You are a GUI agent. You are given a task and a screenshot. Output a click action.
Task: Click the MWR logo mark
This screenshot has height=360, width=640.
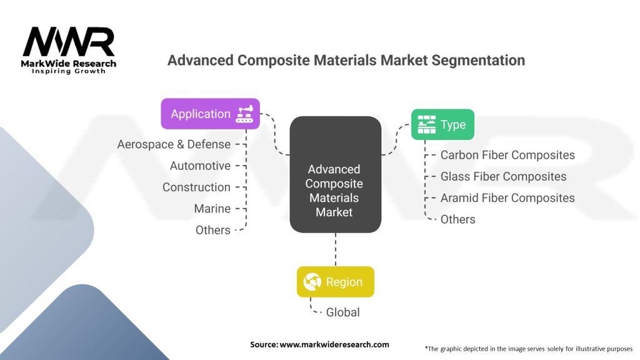coord(69,42)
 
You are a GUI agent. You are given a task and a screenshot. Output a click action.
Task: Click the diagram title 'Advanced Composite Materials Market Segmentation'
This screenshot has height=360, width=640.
coord(346,60)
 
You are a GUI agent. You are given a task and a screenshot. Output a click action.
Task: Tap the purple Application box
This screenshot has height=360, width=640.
coord(210,114)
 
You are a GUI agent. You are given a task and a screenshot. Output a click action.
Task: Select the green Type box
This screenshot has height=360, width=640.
coord(442,124)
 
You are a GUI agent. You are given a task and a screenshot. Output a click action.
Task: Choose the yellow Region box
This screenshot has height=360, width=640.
coord(335,282)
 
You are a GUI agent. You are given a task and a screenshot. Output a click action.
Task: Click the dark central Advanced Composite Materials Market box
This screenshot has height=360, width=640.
coord(336,190)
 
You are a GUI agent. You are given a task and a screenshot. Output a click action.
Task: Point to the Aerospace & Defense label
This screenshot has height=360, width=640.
coord(174,144)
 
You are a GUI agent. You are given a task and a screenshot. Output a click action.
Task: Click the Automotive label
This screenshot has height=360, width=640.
coord(200,166)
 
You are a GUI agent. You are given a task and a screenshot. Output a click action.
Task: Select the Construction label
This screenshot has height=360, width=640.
coord(196,187)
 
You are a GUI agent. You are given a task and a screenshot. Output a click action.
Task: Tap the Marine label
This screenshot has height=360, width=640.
coord(212,209)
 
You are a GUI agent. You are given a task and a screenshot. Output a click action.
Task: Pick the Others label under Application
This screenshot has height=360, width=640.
coord(212,230)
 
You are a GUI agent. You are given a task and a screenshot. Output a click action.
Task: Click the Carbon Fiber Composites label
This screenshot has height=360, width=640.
coord(507,155)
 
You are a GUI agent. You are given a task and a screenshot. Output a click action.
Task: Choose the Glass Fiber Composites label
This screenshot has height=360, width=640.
coord(503,176)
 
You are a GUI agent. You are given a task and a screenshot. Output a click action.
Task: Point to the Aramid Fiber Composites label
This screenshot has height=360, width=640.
coord(507,197)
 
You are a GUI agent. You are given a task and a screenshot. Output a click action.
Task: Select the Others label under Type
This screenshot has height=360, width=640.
coord(457,219)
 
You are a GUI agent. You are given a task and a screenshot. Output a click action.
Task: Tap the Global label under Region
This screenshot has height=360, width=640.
coord(342,312)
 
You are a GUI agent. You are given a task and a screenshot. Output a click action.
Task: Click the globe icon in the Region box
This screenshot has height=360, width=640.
coord(311,282)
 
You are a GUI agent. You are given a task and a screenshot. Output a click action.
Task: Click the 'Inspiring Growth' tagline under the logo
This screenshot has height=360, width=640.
coord(69,71)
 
